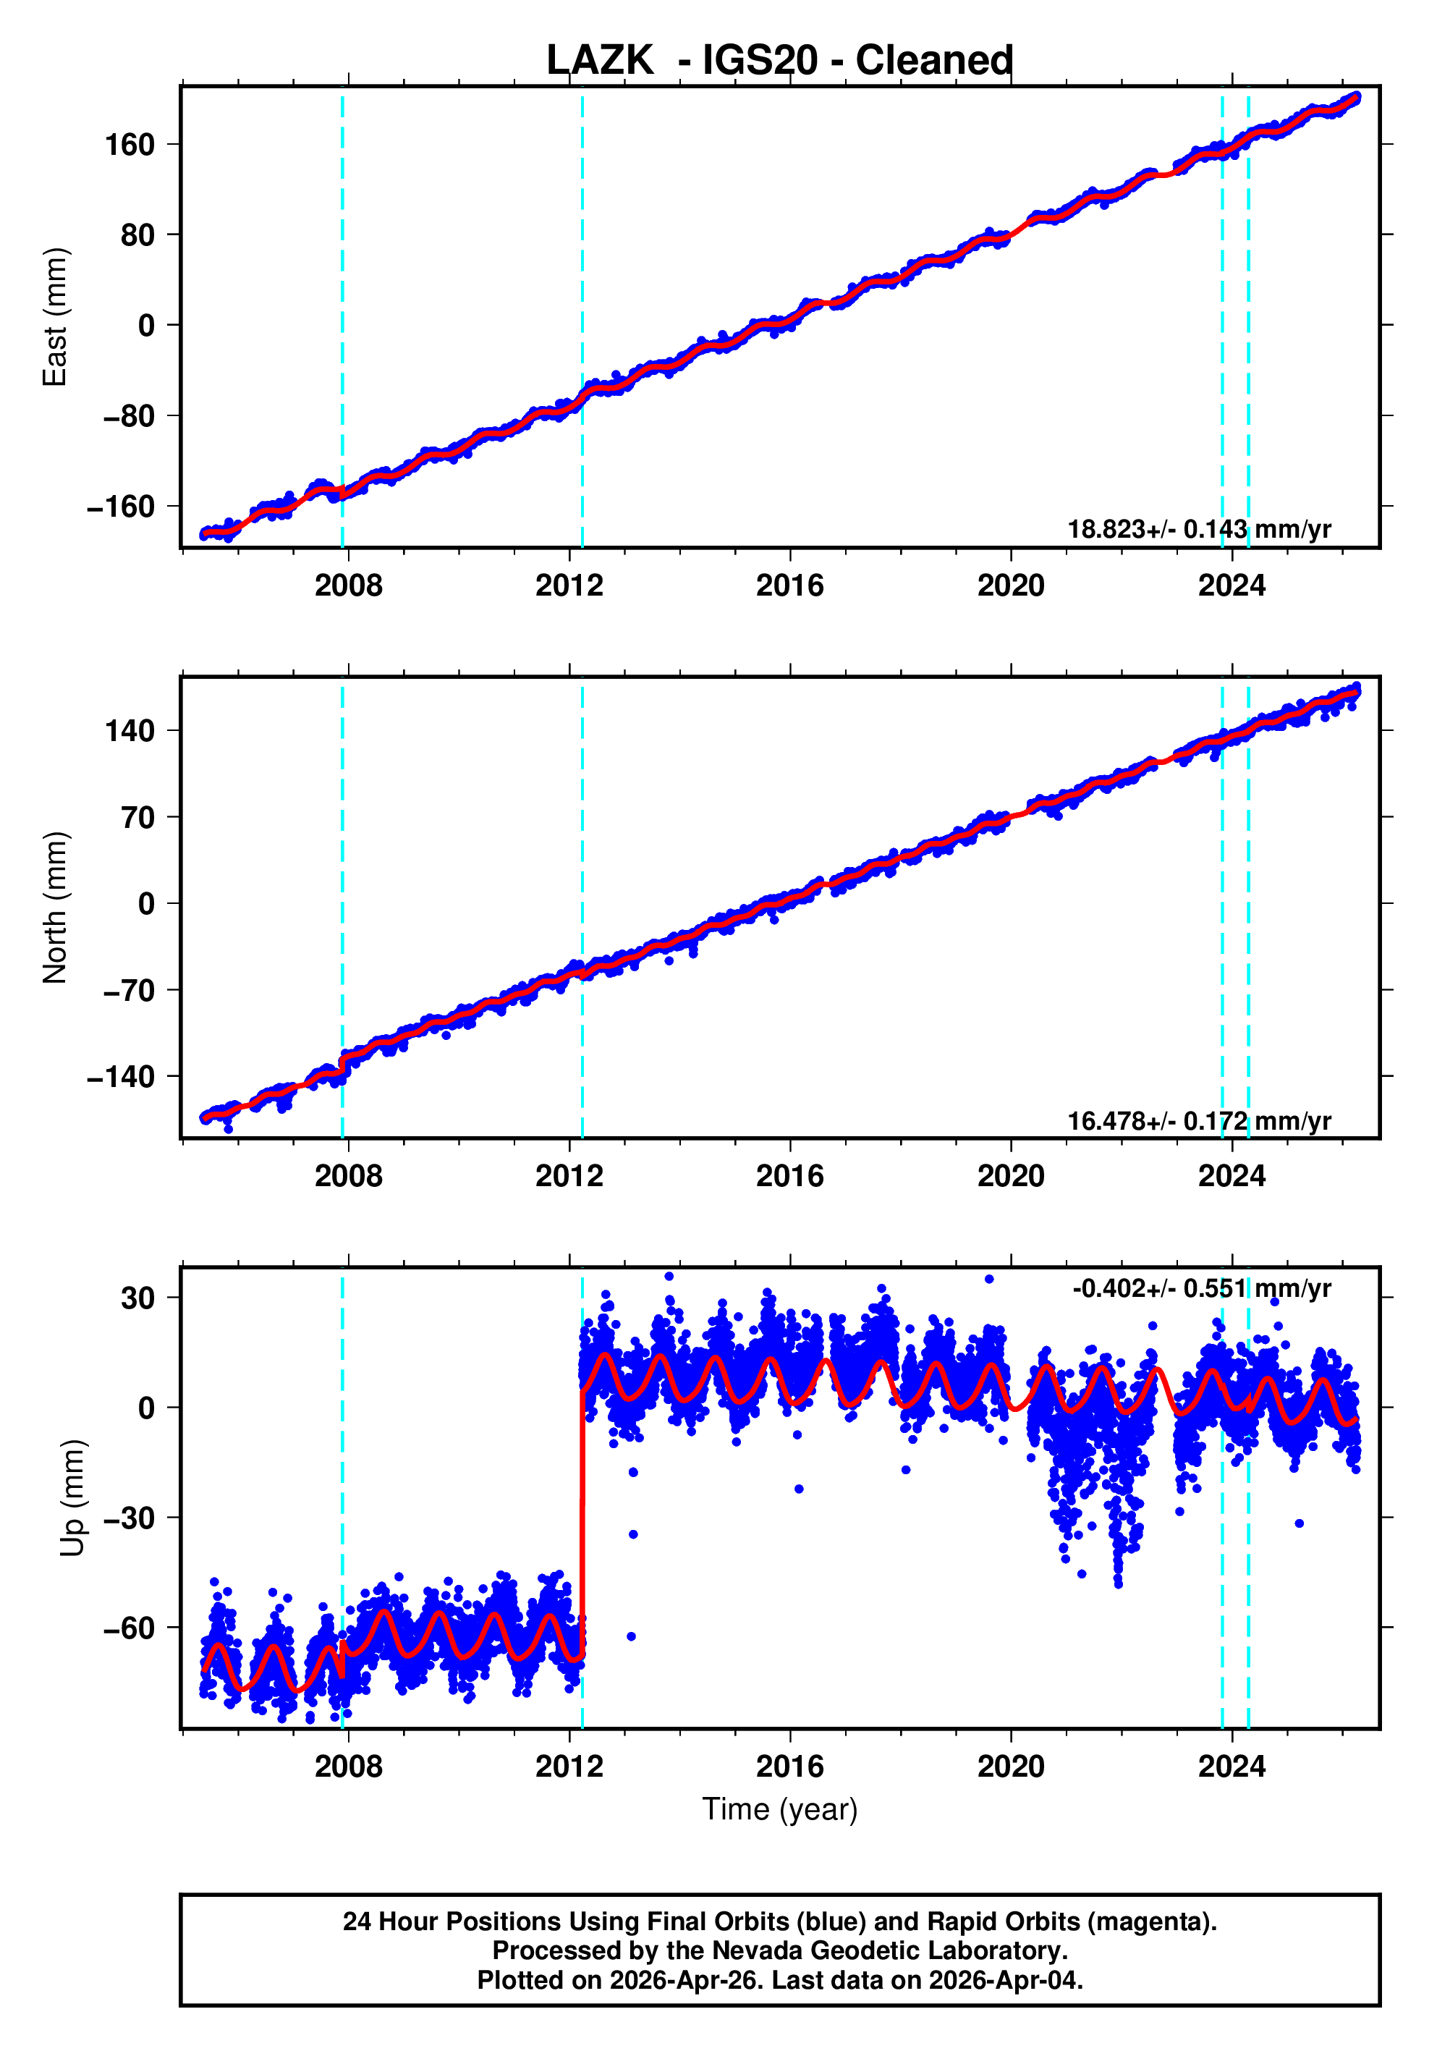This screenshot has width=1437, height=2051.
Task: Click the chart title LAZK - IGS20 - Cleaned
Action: tap(780, 61)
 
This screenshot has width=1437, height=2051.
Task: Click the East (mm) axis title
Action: tap(56, 317)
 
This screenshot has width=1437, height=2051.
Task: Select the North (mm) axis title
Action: tap(56, 908)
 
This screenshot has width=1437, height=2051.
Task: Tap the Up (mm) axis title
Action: tap(72, 1498)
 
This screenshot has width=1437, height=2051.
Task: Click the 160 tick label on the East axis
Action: tap(130, 145)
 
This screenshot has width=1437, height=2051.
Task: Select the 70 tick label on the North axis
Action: tap(138, 817)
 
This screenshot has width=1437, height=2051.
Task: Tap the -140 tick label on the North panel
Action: tap(121, 1078)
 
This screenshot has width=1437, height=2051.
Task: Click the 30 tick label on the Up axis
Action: tap(138, 1298)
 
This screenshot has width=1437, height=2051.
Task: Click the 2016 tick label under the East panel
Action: tap(789, 586)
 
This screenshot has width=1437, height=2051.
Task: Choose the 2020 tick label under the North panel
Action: tap(1010, 1177)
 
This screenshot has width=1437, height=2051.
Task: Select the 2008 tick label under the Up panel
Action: tap(347, 1767)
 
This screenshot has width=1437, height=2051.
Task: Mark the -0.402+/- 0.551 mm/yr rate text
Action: tap(1201, 1288)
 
